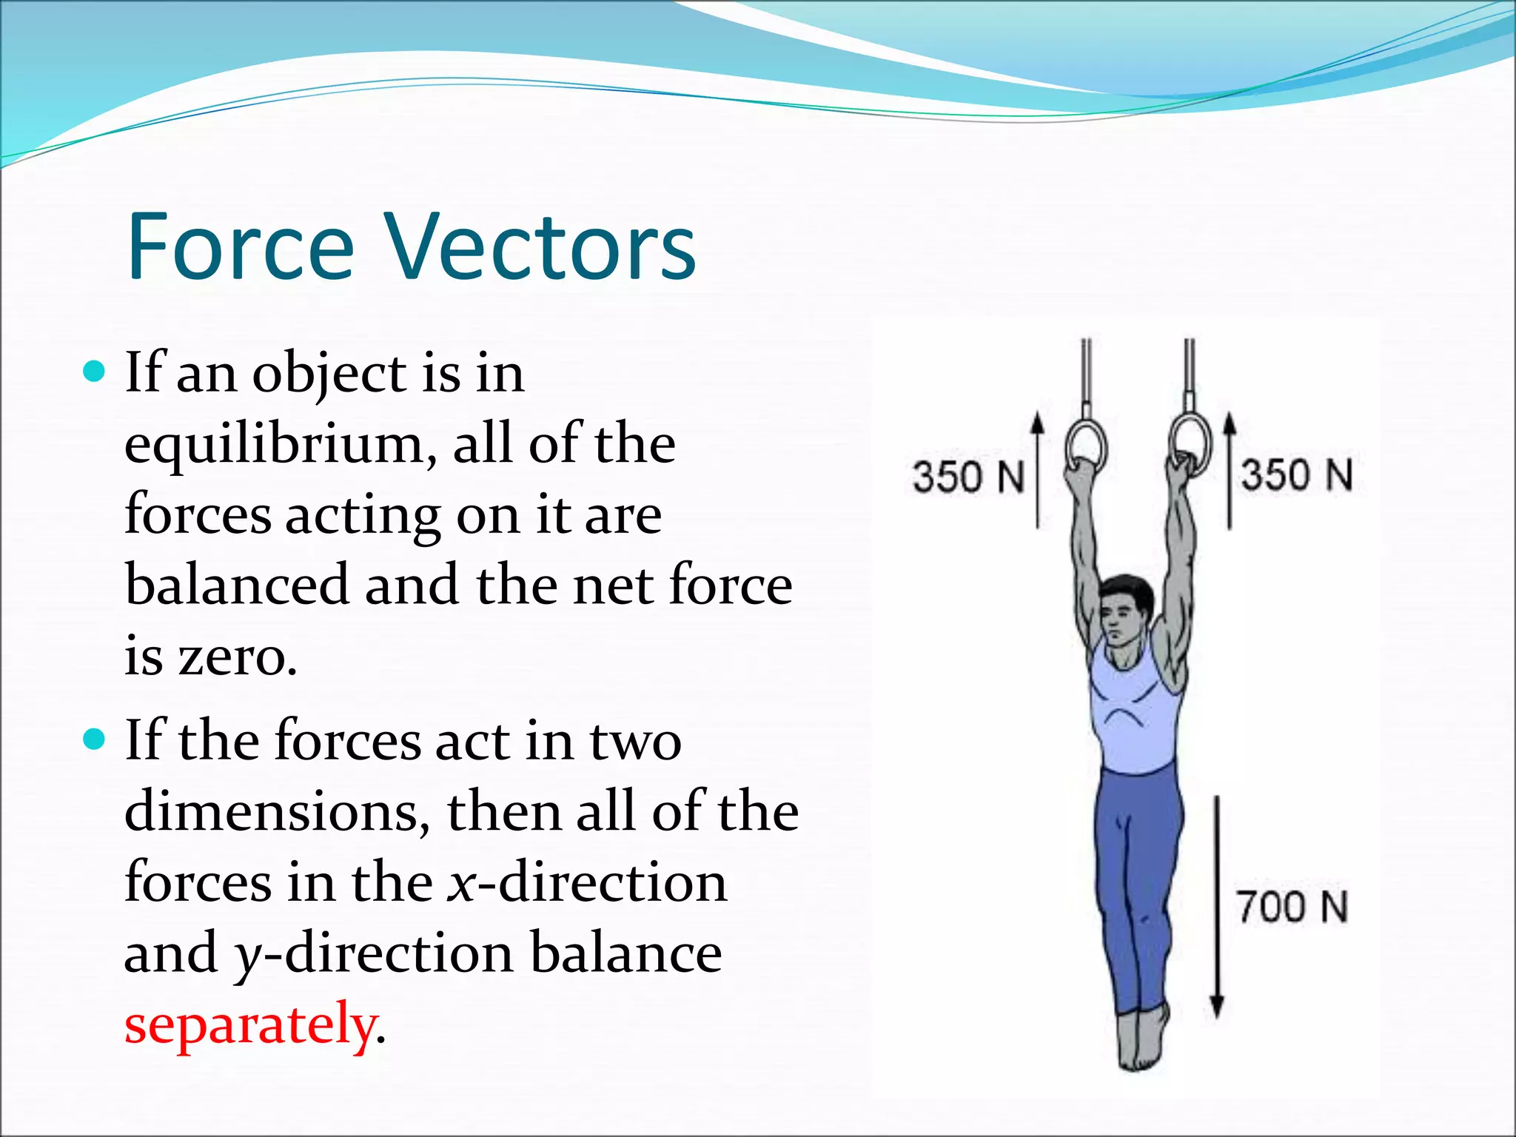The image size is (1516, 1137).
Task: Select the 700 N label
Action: [x=1292, y=907]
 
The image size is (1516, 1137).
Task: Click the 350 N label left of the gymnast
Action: [x=968, y=476]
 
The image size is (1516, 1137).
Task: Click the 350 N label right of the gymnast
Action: [x=1297, y=474]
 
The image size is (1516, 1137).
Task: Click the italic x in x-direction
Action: [x=460, y=884]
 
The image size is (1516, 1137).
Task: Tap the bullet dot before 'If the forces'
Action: [x=95, y=739]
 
